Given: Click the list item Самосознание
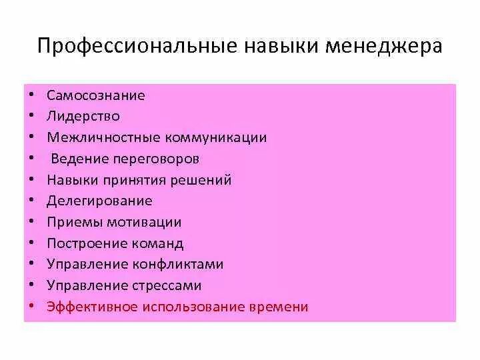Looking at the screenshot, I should pyautogui.click(x=96, y=95).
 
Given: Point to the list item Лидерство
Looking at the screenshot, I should pyautogui.click(x=83, y=117).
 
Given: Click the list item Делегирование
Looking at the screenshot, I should pyautogui.click(x=99, y=201).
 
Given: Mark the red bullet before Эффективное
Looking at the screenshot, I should pyautogui.click(x=32, y=307).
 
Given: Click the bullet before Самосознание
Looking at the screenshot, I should pyautogui.click(x=32, y=96).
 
